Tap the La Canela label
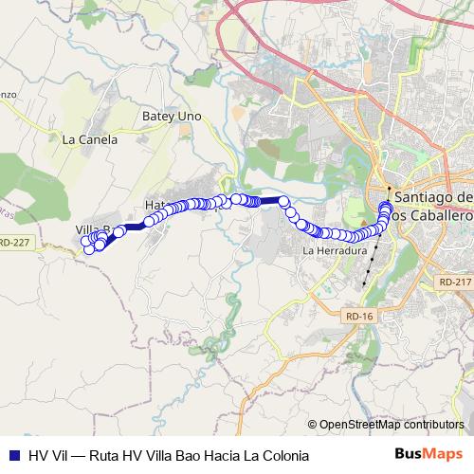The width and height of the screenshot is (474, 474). pos(89,139)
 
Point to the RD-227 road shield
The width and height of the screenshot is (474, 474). pos(15,243)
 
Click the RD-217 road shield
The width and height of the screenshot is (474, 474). pos(454,282)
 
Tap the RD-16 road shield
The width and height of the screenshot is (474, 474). pos(361,319)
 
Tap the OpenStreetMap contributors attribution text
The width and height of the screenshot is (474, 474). pos(391,425)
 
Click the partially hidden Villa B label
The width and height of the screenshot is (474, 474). pos(92,229)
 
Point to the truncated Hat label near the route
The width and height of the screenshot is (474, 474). pos(155,205)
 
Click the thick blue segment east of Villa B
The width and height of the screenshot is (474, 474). pos(133,226)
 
